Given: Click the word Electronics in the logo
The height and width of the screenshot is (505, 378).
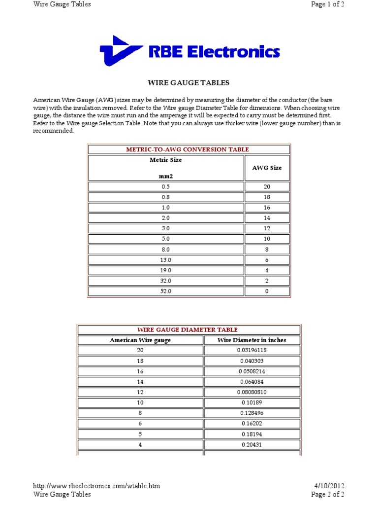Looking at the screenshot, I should click(x=235, y=52).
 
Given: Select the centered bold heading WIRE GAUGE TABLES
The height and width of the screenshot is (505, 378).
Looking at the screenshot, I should click(x=189, y=83).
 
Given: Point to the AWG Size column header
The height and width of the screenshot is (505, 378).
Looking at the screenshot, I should click(x=267, y=168).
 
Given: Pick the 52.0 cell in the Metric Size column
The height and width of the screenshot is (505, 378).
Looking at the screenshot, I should click(x=166, y=291).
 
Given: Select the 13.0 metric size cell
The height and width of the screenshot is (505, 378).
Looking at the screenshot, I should click(x=166, y=260).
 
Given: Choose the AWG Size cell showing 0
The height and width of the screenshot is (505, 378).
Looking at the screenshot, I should click(x=267, y=291).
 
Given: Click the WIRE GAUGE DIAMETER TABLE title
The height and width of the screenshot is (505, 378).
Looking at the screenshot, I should click(x=187, y=329).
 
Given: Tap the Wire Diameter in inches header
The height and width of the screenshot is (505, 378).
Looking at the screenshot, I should click(x=252, y=340).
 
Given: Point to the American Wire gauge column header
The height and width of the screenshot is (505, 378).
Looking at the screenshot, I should click(x=140, y=340).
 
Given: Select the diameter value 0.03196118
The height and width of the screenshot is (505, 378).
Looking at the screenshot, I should click(x=252, y=350).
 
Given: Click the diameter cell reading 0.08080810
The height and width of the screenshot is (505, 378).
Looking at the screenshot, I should click(x=252, y=392).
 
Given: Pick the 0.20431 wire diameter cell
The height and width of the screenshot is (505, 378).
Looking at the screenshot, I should click(x=252, y=444).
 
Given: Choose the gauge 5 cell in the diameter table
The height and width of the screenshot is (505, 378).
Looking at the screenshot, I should click(x=140, y=434).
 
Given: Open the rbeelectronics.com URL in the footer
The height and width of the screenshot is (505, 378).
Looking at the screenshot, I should click(x=96, y=486).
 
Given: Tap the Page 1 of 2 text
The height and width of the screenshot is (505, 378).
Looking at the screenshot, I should click(x=328, y=4).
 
